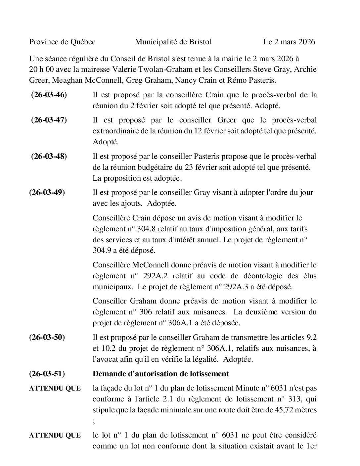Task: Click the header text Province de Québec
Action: pos(62,42)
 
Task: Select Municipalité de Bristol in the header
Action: pos(173,42)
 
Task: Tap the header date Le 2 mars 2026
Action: pos(289,42)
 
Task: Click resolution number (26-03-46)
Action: pos(49,95)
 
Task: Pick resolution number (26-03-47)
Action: pos(49,120)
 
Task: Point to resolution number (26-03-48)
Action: pos(49,156)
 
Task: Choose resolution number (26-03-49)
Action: pos(47,192)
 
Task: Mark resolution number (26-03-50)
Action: pos(47,338)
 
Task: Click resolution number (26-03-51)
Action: pos(47,374)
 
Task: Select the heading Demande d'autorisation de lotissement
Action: pos(161,374)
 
